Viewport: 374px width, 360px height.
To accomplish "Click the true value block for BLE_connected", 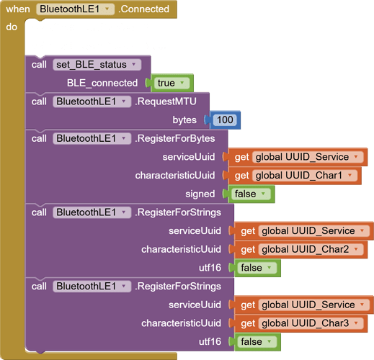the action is [x=172, y=83].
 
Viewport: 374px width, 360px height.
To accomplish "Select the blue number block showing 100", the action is [x=225, y=120].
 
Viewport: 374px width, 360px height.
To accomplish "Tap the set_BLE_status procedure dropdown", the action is [x=97, y=65].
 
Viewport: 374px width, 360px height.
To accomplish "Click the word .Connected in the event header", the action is [x=144, y=9].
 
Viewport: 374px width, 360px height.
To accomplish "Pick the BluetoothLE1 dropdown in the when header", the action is [x=75, y=9].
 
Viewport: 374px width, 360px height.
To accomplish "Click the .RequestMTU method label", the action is [x=166, y=102].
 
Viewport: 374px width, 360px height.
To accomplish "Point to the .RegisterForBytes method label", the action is [x=175, y=138].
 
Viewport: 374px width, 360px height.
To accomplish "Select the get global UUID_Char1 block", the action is [x=295, y=176].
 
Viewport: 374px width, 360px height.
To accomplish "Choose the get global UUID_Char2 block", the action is [x=301, y=249].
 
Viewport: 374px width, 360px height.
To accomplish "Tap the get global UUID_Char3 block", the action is [x=301, y=323].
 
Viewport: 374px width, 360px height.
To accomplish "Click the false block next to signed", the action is [x=251, y=194].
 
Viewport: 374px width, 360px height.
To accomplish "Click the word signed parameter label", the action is [x=200, y=194].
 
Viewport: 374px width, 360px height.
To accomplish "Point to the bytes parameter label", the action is [x=184, y=120].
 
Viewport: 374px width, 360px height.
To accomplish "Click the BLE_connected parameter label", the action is [x=102, y=83].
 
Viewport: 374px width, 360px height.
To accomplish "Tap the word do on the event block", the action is [x=12, y=27].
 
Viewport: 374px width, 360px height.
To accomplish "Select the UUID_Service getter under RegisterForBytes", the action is [x=298, y=157].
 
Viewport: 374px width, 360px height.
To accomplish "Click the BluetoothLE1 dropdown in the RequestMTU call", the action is [x=92, y=102].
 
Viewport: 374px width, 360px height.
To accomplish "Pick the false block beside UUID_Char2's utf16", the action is [x=257, y=268].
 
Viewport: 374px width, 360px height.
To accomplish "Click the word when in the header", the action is [x=18, y=9].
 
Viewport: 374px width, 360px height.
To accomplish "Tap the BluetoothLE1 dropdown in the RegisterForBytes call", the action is [x=92, y=138].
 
